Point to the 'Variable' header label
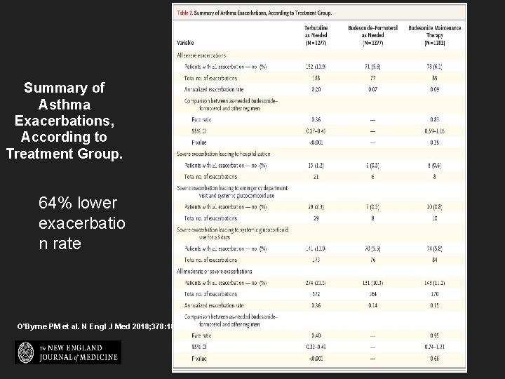(187, 42)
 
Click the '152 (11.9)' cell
(321, 66)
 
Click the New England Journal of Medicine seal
(27, 352)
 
